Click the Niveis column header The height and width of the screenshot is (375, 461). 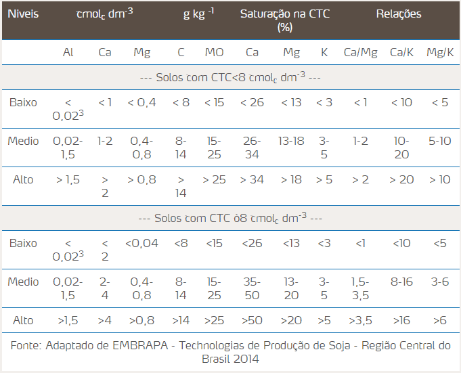coord(22,14)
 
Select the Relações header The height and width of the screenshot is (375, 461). coord(398,14)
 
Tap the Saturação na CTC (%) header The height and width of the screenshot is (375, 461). coord(285,20)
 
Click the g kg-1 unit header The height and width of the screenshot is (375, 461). coord(198,14)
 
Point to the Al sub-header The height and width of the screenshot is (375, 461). coord(68,52)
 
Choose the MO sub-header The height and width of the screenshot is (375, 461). coord(214,52)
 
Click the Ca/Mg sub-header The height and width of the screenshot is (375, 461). coord(360,52)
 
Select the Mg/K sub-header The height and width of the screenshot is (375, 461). coord(440,52)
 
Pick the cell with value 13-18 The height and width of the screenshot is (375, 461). coord(291,141)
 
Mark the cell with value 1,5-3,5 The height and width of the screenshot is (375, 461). coord(360,288)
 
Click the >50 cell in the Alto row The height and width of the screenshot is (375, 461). coord(253,319)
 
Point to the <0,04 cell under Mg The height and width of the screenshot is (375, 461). coord(141,243)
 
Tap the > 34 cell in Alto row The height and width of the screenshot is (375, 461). coord(253,179)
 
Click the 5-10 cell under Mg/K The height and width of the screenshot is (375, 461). coord(440,141)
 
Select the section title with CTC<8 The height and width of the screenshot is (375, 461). coord(230,77)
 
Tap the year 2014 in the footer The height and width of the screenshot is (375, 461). coord(244,359)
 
